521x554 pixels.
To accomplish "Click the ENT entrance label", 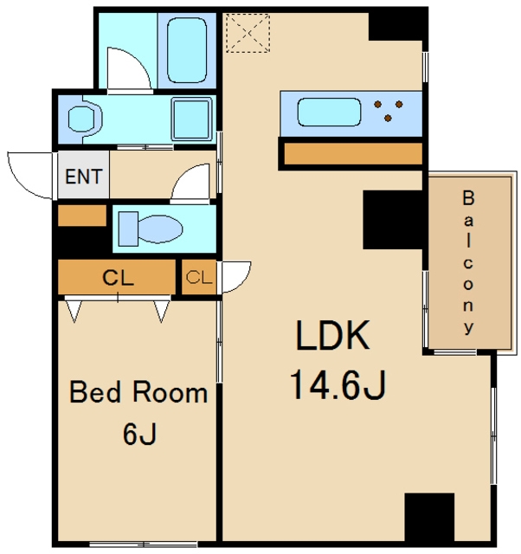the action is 84,177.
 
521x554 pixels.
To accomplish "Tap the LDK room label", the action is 332,335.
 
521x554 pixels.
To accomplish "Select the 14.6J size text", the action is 338,384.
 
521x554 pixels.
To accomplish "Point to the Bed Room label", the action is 138,392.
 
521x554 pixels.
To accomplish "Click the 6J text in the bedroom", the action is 139,434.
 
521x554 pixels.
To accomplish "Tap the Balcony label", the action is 468,262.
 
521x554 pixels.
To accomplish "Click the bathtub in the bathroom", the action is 187,50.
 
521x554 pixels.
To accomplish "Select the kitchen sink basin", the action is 329,112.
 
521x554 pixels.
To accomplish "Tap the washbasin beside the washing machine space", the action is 85,119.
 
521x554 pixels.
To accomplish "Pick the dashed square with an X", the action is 248,33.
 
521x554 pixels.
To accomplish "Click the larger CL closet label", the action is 118,278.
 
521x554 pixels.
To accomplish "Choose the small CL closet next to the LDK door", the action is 199,277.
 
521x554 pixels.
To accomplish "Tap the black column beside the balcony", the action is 393,220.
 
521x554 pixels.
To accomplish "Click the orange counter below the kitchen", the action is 353,154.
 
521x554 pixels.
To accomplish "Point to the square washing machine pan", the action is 191,119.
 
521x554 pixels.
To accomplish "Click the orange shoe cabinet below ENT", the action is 82,216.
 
